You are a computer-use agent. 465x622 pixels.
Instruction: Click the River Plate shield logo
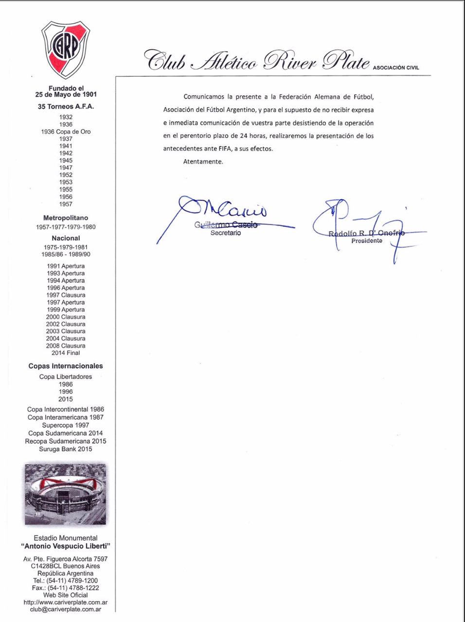pos(66,49)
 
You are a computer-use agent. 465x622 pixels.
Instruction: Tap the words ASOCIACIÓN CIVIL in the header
pos(396,68)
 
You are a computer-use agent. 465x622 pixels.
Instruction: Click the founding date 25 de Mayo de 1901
pos(66,95)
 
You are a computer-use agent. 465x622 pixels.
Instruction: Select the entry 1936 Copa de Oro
pos(66,132)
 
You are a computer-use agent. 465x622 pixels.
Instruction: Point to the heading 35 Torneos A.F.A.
pos(66,106)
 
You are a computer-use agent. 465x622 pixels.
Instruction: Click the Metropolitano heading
pos(66,218)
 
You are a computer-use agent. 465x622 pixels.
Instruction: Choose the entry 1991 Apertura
pos(66,266)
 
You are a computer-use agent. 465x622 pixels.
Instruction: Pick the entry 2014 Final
pos(66,353)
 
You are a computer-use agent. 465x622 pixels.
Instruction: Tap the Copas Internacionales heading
pos(66,366)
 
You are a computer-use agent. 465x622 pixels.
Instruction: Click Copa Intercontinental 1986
pos(66,409)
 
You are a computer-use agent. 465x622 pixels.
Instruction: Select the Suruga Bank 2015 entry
pos(66,449)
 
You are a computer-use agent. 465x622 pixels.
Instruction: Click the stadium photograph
pos(66,494)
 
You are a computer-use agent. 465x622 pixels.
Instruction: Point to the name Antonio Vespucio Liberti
pos(66,547)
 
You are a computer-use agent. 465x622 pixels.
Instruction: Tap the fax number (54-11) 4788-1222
pos(73,587)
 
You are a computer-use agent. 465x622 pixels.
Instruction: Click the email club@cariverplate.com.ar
pos(66,609)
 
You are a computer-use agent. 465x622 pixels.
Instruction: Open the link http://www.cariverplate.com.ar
pos(66,602)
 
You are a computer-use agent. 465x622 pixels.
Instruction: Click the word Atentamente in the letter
pos(203,162)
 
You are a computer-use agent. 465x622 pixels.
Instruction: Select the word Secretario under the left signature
pos(225,233)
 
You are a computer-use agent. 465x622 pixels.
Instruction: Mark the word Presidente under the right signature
pos(367,241)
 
